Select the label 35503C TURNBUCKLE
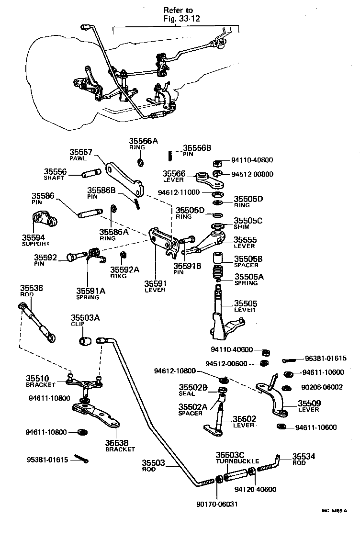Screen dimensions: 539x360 [x=230, y=458]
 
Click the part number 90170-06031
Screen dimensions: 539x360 [x=217, y=504]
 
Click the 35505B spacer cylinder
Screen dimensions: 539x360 [x=219, y=259]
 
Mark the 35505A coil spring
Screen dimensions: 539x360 [x=219, y=277]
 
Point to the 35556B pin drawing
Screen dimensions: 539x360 [x=169, y=155]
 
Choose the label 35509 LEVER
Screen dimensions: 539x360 [x=309, y=406]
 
